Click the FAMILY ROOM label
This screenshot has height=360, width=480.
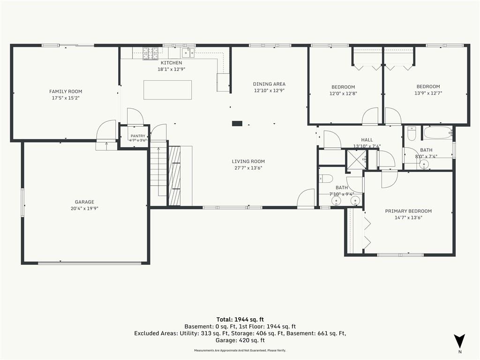coord(66,91)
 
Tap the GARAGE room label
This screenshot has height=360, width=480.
coord(84,202)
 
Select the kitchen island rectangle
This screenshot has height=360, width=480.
coord(168,90)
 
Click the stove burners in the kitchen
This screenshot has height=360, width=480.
coord(150,53)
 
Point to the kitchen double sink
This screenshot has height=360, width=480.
coord(188,52)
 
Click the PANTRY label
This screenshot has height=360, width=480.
coord(138,136)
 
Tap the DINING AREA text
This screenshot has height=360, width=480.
coord(269,84)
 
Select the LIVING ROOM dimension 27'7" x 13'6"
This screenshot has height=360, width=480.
coord(248,168)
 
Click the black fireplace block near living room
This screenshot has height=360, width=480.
coord(237,123)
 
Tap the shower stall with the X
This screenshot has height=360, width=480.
coord(356,159)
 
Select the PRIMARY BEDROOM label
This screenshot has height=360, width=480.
coord(408,211)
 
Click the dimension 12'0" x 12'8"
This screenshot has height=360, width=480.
coord(343,94)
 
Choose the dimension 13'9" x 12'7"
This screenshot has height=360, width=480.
coord(428,93)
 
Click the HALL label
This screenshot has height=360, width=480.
coord(367,140)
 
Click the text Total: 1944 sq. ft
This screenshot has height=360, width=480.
coord(240,320)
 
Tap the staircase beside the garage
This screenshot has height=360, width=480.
coord(158,173)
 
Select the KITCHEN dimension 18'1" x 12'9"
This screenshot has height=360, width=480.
coord(172,69)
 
